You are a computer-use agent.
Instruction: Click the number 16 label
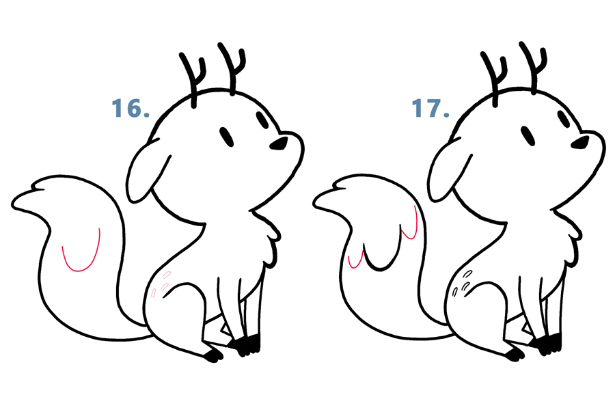[x=131, y=108]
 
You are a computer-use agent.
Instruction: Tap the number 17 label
[x=430, y=108]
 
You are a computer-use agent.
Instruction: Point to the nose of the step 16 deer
[x=279, y=143]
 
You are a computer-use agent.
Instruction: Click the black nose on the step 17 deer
[x=580, y=143]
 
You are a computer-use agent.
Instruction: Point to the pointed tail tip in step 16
[x=13, y=204]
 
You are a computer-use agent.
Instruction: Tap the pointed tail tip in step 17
[x=314, y=204]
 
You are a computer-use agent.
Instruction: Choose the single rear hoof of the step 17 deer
[x=514, y=355]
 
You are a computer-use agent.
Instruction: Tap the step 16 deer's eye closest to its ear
[x=227, y=137]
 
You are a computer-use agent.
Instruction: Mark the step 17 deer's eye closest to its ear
[x=528, y=136]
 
